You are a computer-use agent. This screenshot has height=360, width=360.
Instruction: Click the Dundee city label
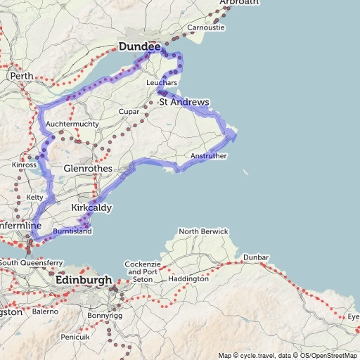(x=134, y=46)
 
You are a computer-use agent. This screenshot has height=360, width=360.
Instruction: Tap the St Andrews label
(x=184, y=102)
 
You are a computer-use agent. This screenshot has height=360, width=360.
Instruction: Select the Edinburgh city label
(x=83, y=280)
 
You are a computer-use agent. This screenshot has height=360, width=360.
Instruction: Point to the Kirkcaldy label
(x=91, y=208)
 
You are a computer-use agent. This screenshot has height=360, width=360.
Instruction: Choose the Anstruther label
(x=209, y=156)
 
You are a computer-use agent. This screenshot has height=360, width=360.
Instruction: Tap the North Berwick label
(x=203, y=231)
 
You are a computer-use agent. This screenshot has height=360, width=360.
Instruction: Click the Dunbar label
(x=256, y=258)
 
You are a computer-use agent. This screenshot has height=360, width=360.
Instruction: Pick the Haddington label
(x=188, y=278)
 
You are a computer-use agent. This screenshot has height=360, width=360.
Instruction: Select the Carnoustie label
(x=205, y=28)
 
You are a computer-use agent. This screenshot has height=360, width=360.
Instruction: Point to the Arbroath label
(x=239, y=3)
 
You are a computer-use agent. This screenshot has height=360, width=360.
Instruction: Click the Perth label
(x=18, y=75)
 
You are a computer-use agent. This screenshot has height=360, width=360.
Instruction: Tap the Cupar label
(x=130, y=112)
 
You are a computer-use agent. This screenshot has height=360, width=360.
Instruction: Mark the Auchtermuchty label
(x=68, y=124)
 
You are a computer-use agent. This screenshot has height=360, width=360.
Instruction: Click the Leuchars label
(x=159, y=83)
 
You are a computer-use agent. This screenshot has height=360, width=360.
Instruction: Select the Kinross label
(x=24, y=165)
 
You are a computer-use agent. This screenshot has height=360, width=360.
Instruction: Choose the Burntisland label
(x=72, y=230)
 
